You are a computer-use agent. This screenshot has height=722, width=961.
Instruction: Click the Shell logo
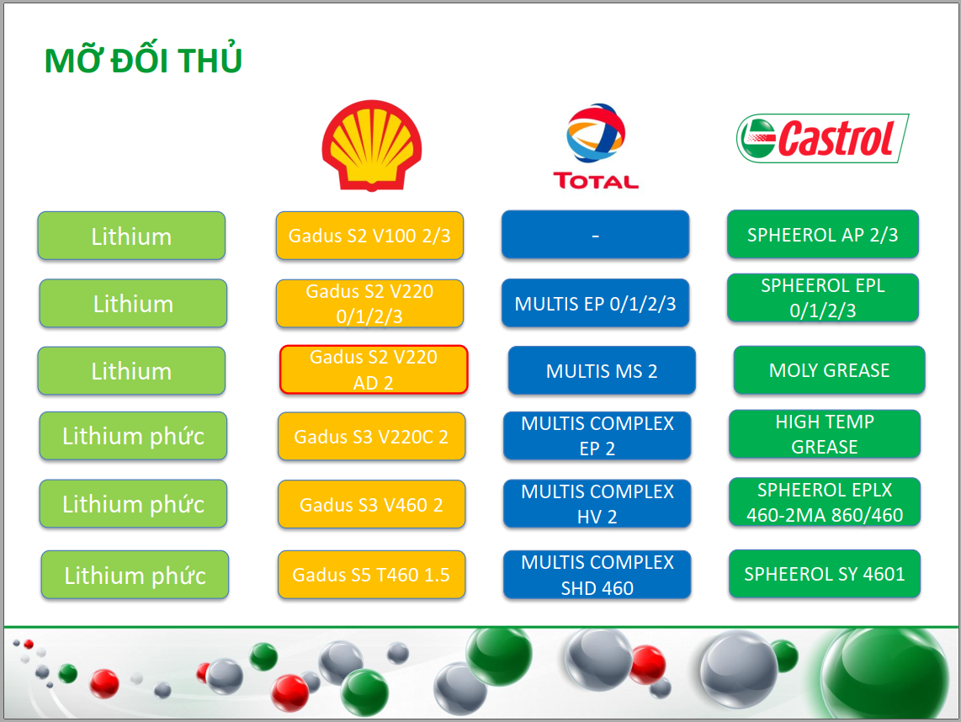(371, 146)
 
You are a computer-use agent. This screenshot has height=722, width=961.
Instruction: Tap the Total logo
(596, 146)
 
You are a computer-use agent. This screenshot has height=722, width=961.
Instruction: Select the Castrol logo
(822, 138)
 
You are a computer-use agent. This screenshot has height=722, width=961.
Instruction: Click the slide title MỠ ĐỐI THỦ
(143, 60)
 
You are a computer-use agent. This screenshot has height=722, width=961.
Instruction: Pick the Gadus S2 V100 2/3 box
(369, 236)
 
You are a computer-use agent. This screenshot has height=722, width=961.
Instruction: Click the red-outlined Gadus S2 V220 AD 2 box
(374, 369)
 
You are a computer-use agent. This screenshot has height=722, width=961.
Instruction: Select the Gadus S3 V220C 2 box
(371, 437)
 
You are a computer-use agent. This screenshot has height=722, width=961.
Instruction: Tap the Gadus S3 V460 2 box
(371, 504)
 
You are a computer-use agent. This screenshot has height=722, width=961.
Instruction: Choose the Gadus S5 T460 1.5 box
(371, 574)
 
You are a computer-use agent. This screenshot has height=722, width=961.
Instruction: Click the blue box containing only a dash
(595, 235)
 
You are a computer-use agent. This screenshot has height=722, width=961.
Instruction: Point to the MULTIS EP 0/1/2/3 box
(595, 304)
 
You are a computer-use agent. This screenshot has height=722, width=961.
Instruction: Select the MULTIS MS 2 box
(602, 370)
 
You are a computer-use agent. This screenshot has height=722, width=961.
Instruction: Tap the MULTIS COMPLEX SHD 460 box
(597, 574)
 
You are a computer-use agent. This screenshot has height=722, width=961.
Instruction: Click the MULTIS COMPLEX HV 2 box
(597, 504)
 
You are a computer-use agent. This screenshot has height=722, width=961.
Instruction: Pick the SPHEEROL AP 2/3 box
(822, 234)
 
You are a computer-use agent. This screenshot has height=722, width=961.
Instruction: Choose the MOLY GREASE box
(829, 370)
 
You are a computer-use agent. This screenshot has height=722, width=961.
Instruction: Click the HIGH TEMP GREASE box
(825, 434)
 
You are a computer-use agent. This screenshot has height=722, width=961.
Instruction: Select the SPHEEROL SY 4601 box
(825, 574)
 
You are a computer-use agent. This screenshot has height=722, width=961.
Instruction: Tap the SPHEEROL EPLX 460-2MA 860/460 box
(825, 502)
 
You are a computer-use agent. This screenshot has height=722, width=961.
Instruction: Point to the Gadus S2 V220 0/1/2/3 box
(369, 304)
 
